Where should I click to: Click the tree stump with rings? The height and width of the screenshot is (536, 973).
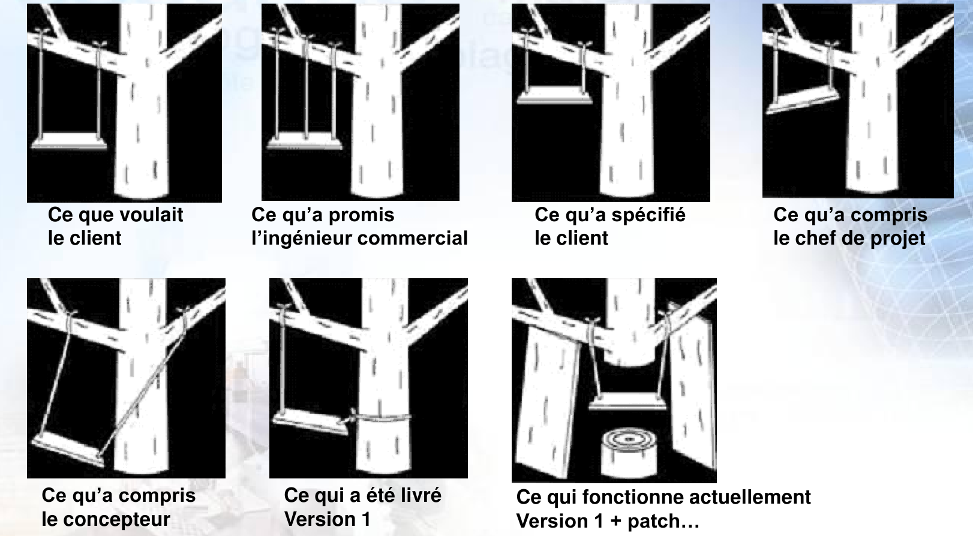[x=629, y=453]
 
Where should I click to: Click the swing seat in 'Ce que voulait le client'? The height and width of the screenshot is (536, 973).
[x=68, y=141]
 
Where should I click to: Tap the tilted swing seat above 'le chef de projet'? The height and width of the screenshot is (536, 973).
[x=802, y=99]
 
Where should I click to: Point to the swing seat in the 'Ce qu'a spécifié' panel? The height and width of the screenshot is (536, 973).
[x=554, y=95]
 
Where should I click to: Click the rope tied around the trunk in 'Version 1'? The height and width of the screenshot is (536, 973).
[x=381, y=418]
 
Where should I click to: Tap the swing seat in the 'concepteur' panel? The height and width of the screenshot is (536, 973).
[x=68, y=449]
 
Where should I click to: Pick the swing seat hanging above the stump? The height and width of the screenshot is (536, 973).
[x=627, y=401]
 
